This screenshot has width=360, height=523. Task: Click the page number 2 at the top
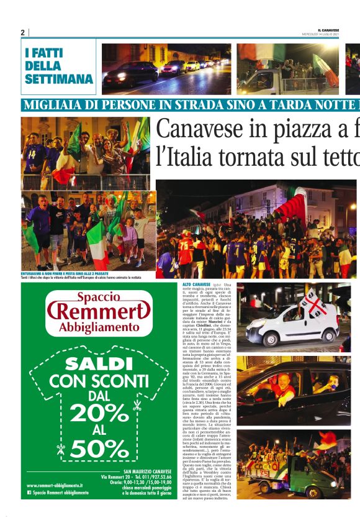coord(22,32)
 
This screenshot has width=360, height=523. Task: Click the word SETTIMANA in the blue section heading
coord(59,79)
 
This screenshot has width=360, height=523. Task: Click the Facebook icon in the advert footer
coord(29,510)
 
